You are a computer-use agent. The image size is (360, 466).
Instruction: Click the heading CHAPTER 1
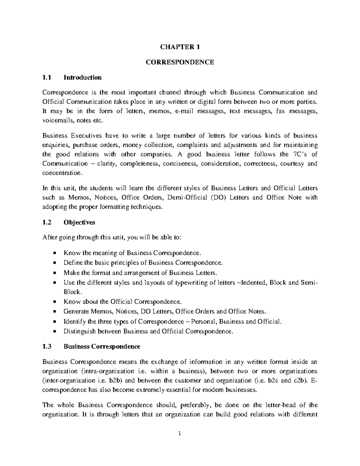[x=180, y=47]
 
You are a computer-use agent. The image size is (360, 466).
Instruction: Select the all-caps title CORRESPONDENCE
[x=180, y=62]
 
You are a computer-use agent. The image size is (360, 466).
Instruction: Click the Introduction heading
[x=82, y=77]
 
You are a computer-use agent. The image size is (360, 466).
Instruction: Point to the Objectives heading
[x=79, y=222]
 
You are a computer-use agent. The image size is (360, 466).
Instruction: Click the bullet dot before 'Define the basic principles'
[x=54, y=263]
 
